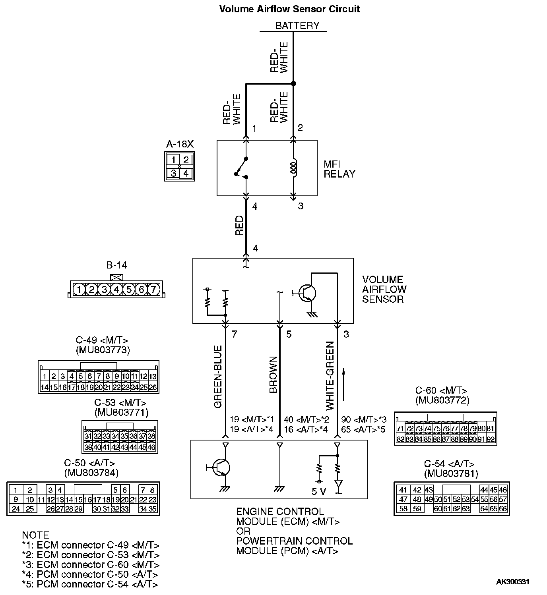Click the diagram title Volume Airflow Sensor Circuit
[x=289, y=9]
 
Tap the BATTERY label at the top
[x=297, y=26]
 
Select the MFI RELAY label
[x=339, y=169]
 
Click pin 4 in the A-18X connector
[x=186, y=173]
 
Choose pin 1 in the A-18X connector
[x=173, y=160]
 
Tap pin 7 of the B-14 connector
[x=153, y=290]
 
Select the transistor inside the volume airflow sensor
[x=307, y=293]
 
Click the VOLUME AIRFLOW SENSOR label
[x=384, y=289]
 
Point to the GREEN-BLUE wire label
[x=218, y=377]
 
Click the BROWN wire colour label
[x=273, y=375]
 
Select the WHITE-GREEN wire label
[x=330, y=376]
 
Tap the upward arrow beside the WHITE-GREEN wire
[x=344, y=384]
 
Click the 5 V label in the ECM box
[x=319, y=492]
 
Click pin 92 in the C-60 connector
[x=491, y=439]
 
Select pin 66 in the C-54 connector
[x=503, y=509]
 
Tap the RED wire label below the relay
[x=239, y=225]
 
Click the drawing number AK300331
[x=512, y=582]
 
